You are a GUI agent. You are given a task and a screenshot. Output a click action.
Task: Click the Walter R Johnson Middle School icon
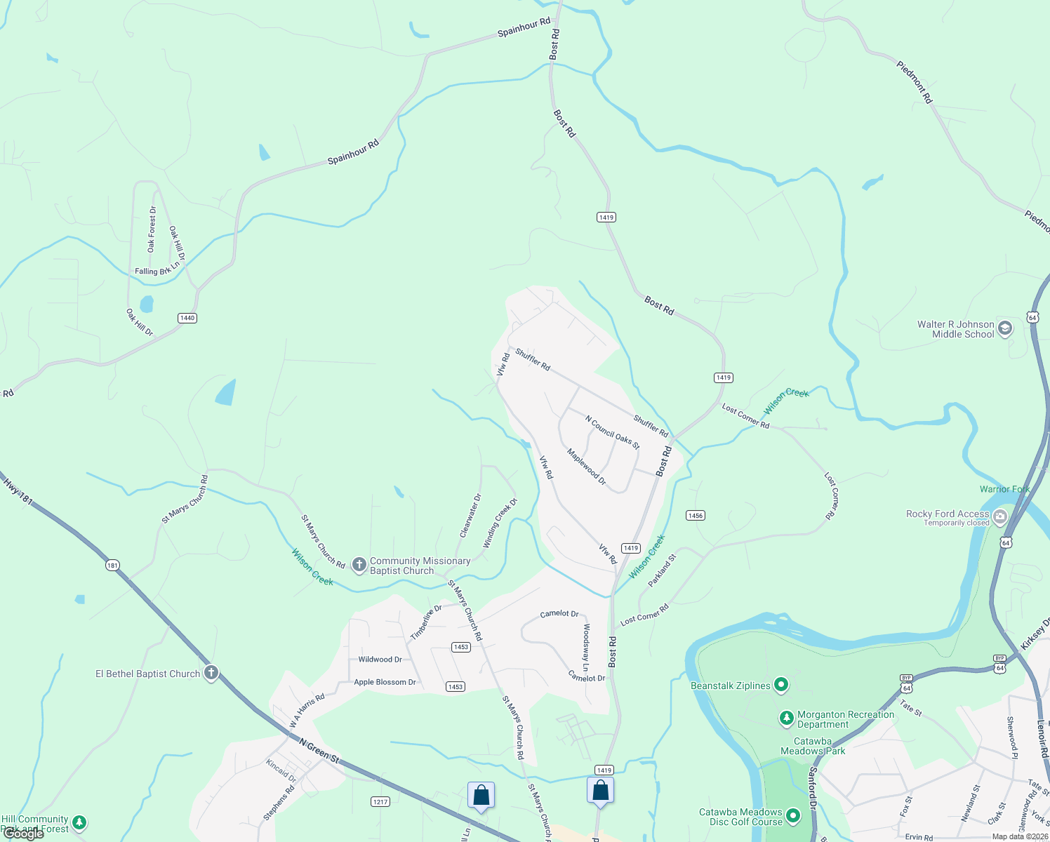click(x=1005, y=328)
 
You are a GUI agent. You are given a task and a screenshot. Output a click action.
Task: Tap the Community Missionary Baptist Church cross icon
click(x=359, y=565)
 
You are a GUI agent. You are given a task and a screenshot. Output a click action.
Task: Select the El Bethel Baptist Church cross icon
click(x=211, y=673)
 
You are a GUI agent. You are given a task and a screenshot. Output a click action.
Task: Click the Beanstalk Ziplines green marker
click(x=780, y=685)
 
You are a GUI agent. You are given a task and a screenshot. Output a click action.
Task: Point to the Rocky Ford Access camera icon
click(x=1000, y=517)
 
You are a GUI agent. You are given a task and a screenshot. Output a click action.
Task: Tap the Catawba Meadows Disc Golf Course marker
click(x=793, y=815)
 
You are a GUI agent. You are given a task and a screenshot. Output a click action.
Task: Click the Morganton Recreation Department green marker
click(x=787, y=719)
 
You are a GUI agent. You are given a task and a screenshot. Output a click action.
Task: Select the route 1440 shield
click(x=187, y=318)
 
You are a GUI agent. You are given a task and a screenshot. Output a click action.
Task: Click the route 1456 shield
click(x=695, y=516)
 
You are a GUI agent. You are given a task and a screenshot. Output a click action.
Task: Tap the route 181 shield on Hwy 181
click(x=113, y=565)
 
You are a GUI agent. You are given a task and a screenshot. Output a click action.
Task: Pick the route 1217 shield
click(x=380, y=801)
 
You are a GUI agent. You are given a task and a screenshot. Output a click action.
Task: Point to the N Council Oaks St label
click(x=613, y=432)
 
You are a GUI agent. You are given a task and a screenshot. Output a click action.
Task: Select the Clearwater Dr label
click(x=470, y=516)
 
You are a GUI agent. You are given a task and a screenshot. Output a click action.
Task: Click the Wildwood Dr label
click(x=380, y=660)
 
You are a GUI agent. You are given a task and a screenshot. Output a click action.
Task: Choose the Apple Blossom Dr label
click(x=385, y=682)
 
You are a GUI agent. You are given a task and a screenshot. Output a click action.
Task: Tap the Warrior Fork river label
click(x=1004, y=489)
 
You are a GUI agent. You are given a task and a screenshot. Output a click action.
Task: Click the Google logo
click(x=24, y=834)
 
